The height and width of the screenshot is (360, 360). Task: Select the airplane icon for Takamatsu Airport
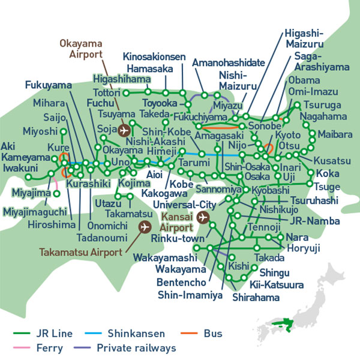pos(144,227)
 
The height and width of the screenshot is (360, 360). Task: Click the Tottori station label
pos(107,93)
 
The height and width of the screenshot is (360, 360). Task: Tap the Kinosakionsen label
pos(154,57)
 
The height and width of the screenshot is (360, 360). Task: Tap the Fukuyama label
pos(44,84)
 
